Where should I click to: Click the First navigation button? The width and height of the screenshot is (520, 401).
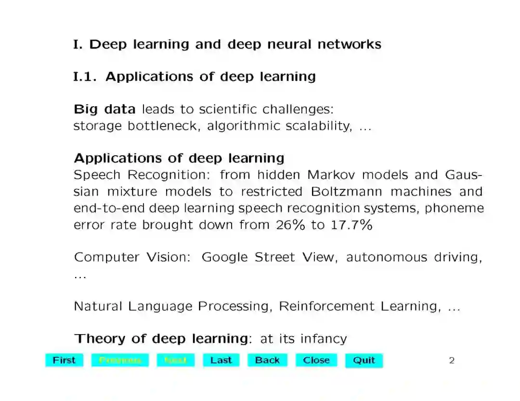64,360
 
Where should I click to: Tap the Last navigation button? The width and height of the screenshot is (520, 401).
221,360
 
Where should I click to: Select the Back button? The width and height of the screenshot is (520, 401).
267,360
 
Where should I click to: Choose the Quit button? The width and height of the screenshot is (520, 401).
364,360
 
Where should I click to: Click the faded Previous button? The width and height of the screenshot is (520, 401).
120,360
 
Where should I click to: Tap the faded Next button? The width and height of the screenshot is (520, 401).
175,360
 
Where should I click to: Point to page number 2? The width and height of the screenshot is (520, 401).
452,360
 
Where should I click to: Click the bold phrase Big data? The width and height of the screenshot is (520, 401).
104,110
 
